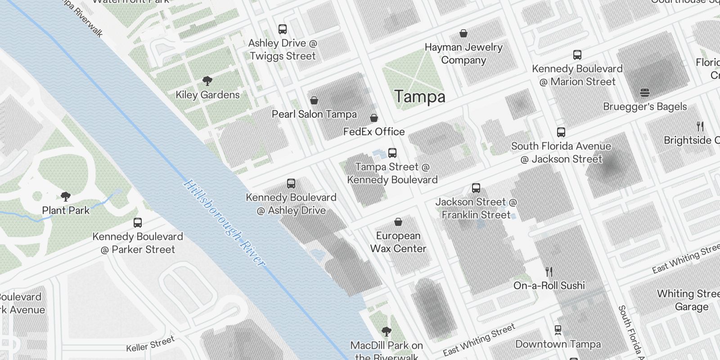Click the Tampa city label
(419, 97)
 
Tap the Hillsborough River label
(224, 224)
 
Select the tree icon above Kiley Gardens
(207, 81)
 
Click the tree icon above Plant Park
(66, 197)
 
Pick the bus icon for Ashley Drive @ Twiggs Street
(283, 30)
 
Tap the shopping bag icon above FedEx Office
(374, 118)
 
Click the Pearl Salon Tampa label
(314, 114)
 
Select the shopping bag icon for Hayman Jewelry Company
(463, 34)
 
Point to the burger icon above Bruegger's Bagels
(645, 93)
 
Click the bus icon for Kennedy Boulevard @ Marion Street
(577, 55)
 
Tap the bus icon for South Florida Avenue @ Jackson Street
(561, 132)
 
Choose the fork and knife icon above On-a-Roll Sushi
(549, 272)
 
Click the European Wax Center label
(398, 242)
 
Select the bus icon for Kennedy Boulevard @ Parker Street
(138, 223)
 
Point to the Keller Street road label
(150, 344)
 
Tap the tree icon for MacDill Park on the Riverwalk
(386, 332)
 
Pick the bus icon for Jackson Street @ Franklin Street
(476, 188)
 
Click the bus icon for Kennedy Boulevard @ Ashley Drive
(291, 184)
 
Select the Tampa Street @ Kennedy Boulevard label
(392, 173)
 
